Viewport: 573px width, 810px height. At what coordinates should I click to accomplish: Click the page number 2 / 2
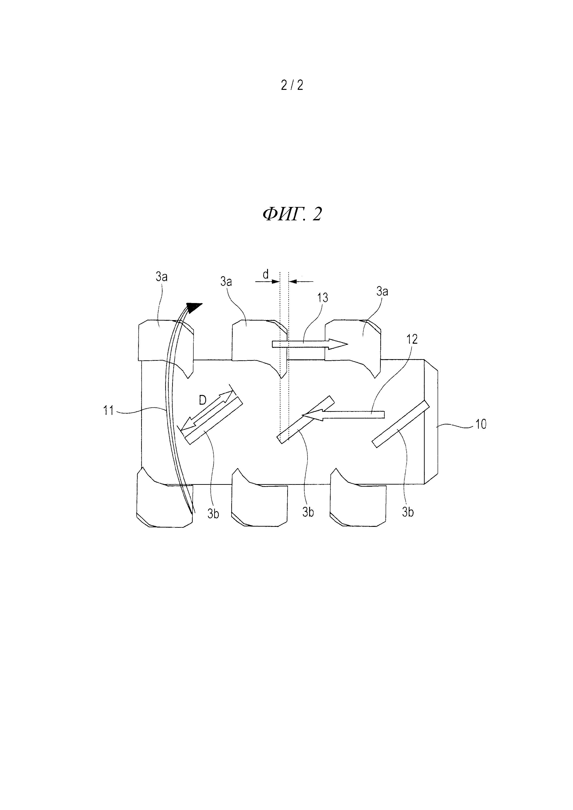[x=292, y=85]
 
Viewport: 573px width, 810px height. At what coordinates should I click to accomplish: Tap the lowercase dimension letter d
[x=266, y=274]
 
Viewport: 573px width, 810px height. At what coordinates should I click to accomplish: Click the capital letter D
[x=203, y=400]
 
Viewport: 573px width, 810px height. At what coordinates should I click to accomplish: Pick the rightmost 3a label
[x=382, y=291]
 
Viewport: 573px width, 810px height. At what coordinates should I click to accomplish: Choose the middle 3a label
[x=226, y=282]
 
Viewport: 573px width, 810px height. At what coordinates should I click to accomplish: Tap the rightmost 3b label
[x=408, y=512]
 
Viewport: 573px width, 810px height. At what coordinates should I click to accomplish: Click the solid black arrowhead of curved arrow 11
[x=194, y=307]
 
